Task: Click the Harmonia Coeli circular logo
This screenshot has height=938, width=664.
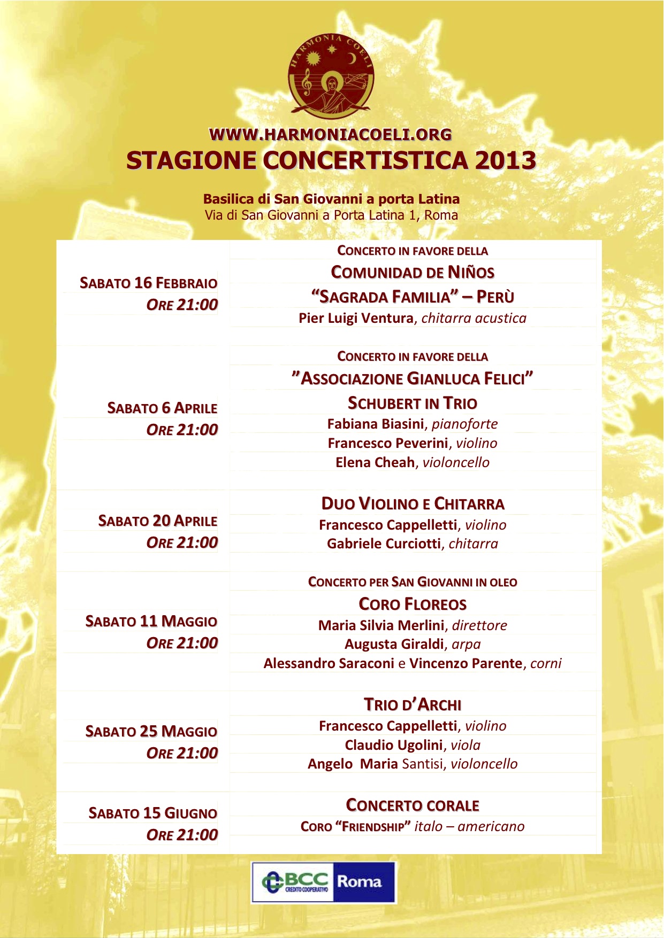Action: coord(331,75)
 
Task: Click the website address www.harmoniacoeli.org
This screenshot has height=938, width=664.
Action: coord(331,135)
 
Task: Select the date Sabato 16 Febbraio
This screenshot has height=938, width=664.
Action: coord(148,283)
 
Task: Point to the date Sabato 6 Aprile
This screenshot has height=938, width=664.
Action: coord(162,408)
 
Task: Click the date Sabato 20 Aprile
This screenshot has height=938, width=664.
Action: coord(157,521)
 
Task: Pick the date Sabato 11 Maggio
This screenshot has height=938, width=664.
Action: coord(151,621)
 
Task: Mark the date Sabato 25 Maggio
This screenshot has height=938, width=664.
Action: coord(151,731)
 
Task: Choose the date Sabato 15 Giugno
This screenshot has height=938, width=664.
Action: coord(152,813)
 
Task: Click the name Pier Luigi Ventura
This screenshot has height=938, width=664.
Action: coord(356,318)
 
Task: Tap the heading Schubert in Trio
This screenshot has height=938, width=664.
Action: coord(413,403)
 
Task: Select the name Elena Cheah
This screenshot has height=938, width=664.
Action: coord(375,462)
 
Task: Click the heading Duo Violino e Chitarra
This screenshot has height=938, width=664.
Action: coord(413,503)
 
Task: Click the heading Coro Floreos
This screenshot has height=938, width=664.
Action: coord(413,604)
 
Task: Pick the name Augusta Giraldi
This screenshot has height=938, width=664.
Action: coord(394,644)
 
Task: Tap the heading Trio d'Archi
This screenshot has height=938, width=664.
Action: coord(413,704)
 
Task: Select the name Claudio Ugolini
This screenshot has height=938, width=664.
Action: coord(393,745)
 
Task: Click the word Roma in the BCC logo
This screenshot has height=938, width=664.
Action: coord(359,881)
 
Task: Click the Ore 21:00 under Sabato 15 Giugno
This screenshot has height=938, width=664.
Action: coord(182,835)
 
